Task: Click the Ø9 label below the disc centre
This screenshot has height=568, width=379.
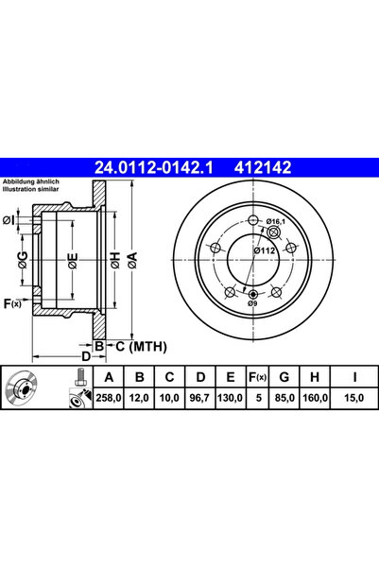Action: [252, 304]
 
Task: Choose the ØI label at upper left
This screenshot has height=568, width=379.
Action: [9, 220]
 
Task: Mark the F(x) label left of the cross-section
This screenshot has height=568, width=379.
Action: [12, 302]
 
